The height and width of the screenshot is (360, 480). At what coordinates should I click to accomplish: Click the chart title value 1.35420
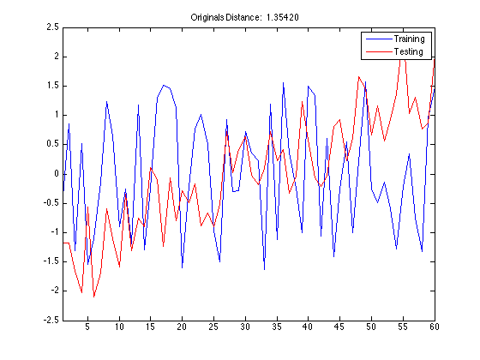pyautogui.click(x=282, y=17)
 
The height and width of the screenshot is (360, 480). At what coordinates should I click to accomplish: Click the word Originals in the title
pyautogui.click(x=207, y=17)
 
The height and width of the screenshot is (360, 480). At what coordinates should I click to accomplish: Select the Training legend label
pyautogui.click(x=409, y=39)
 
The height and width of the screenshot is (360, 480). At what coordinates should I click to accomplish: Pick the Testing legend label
pyautogui.click(x=408, y=51)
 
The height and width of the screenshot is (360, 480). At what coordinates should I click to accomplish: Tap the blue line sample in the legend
pyautogui.click(x=379, y=39)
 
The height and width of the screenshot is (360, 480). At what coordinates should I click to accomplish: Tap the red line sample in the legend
pyautogui.click(x=379, y=51)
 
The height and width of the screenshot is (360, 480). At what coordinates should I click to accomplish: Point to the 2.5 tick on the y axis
pyautogui.click(x=52, y=27)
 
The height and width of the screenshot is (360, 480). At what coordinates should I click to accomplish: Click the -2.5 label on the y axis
pyautogui.click(x=51, y=321)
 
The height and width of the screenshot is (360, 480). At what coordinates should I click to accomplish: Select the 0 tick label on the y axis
pyautogui.click(x=57, y=174)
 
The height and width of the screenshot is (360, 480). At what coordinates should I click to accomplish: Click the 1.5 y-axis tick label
pyautogui.click(x=52, y=86)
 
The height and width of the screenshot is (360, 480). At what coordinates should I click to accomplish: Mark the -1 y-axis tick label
pyautogui.click(x=54, y=232)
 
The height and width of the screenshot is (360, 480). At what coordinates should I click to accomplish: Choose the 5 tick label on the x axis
pyautogui.click(x=87, y=327)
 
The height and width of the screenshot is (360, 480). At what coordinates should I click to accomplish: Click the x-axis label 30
pyautogui.click(x=245, y=327)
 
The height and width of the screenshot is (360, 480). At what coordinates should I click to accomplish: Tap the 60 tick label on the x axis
pyautogui.click(x=434, y=327)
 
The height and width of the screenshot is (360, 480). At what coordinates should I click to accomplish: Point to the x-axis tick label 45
pyautogui.click(x=339, y=327)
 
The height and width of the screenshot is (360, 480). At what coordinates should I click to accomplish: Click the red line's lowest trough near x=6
pyautogui.click(x=94, y=297)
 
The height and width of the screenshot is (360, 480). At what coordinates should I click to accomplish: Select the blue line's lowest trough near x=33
pyautogui.click(x=264, y=269)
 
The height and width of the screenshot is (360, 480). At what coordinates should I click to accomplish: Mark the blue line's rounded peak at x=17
pyautogui.click(x=164, y=85)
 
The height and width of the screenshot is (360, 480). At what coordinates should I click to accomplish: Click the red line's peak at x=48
pyautogui.click(x=358, y=77)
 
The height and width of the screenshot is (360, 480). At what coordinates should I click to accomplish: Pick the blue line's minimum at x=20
pyautogui.click(x=182, y=267)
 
